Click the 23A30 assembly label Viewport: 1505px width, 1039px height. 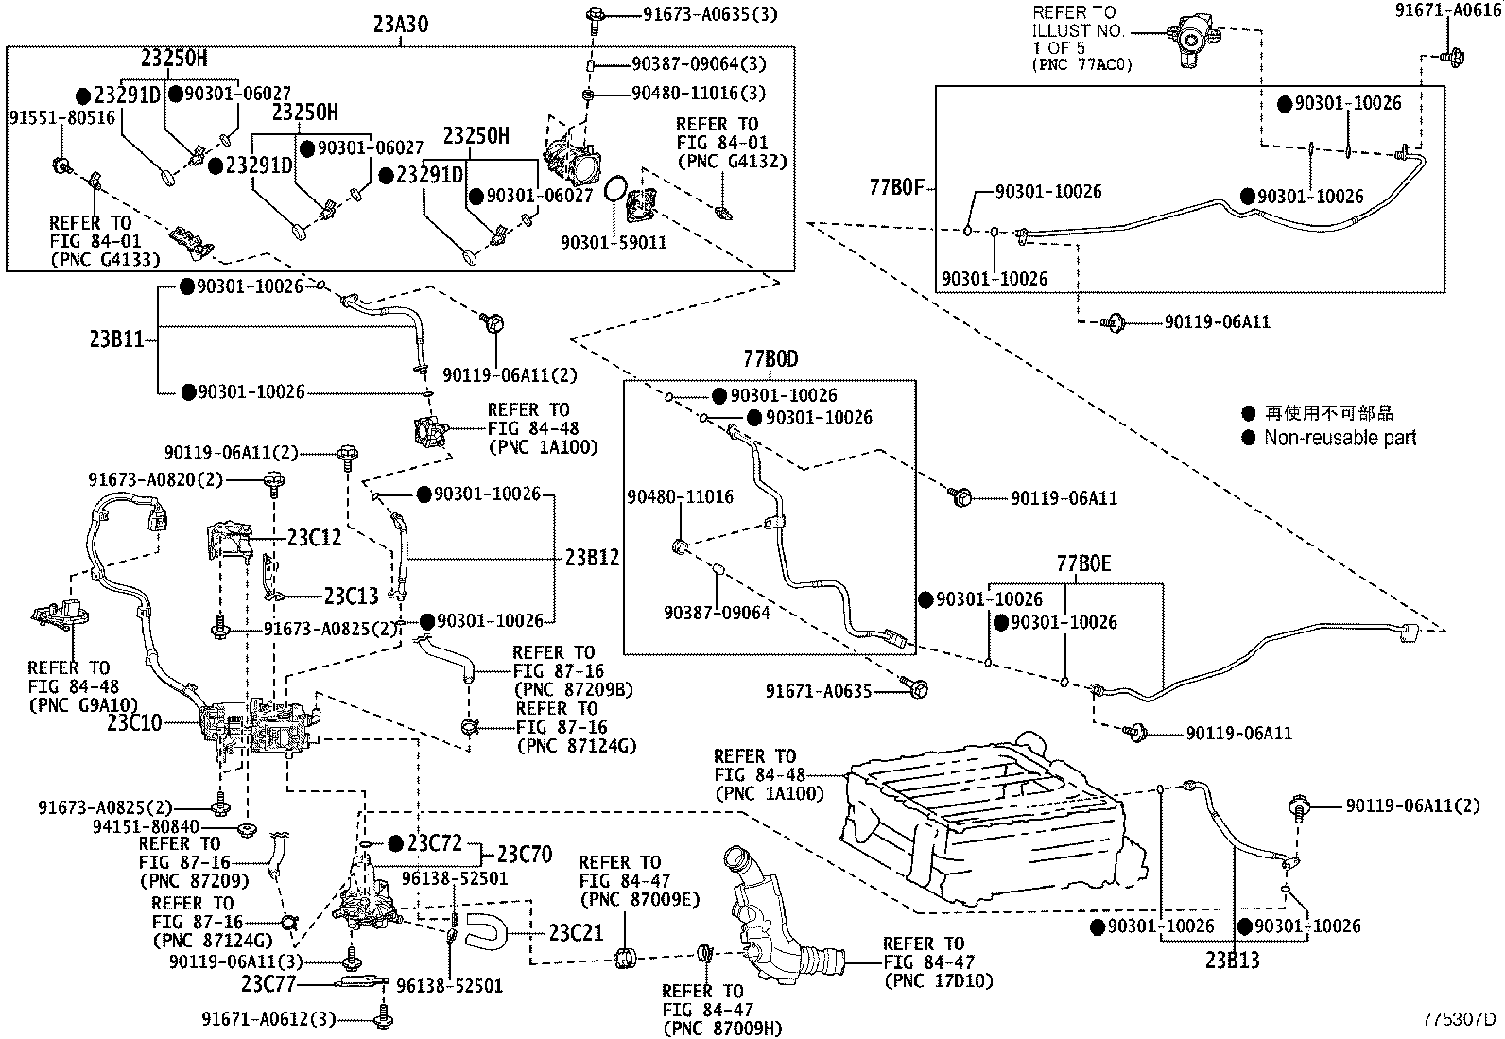pos(399,24)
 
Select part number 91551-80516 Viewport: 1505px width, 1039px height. pos(61,117)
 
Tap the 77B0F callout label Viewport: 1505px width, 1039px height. pos(896,187)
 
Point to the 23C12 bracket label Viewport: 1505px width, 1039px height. pos(314,537)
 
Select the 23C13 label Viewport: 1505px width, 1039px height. pos(351,596)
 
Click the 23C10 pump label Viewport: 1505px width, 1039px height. pos(135,723)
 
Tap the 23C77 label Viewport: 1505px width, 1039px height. pos(269,984)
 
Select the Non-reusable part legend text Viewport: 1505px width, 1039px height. pos(1340,438)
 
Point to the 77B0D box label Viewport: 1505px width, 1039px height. pos(770,359)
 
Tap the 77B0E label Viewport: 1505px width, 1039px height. pos(1083,564)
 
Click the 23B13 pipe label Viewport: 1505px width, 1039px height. pos(1232,961)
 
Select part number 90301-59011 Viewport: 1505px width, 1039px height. pos(613,242)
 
